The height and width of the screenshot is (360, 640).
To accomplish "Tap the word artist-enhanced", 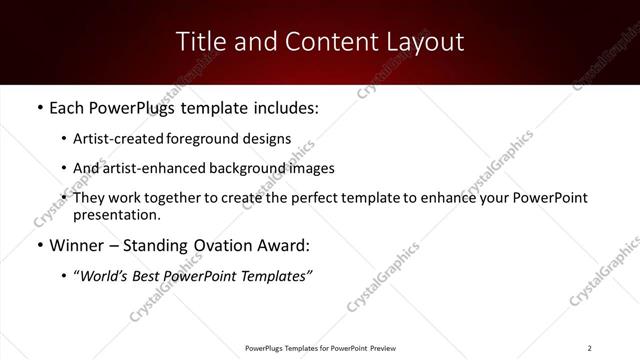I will pos(153,168).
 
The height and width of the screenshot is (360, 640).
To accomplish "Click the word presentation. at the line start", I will pos(116,215).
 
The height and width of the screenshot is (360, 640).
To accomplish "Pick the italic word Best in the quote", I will pos(171,277).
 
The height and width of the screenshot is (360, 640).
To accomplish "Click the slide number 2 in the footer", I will pos(589,348).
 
